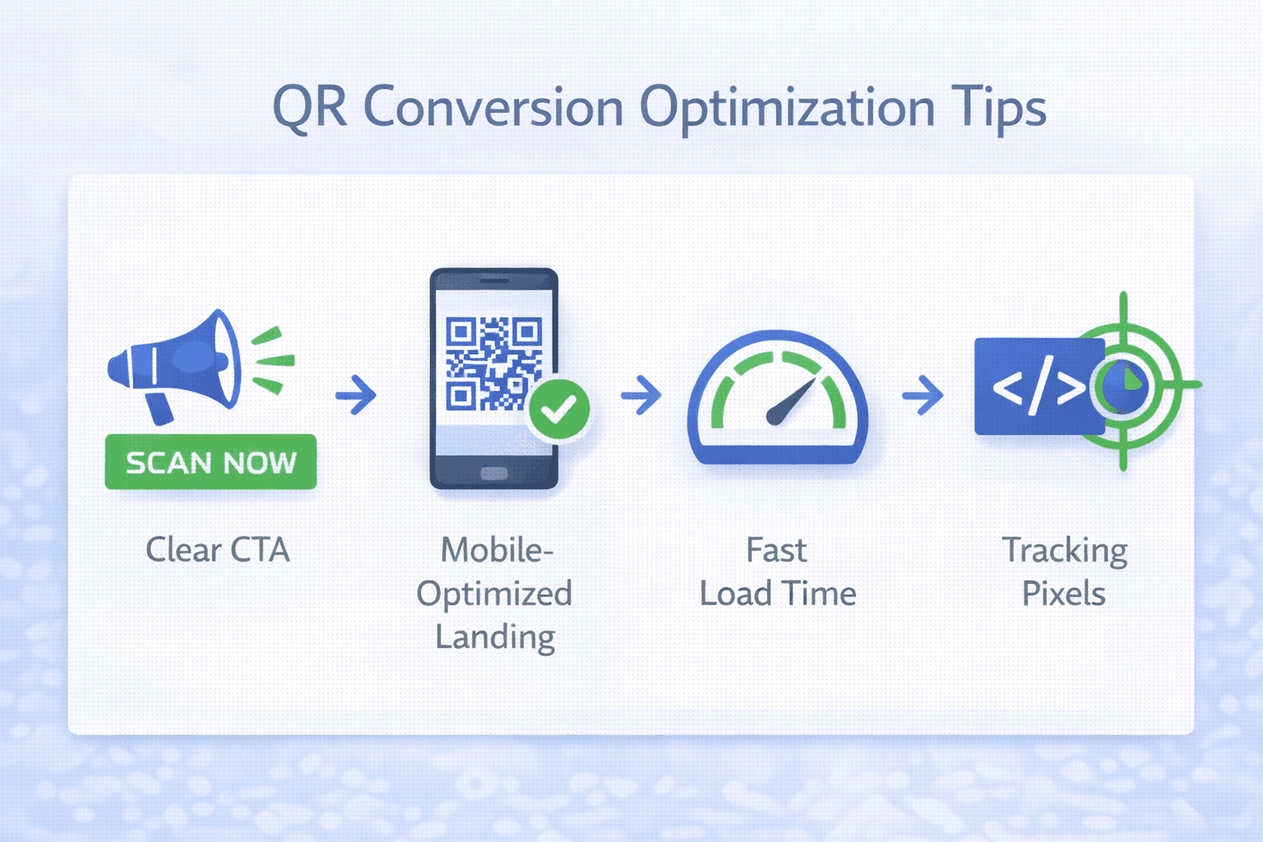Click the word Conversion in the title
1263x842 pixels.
coord(493,108)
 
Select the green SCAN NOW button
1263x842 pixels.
coord(210,462)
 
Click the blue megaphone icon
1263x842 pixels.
coord(185,362)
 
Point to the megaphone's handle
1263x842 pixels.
coord(160,408)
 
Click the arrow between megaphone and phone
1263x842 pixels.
coord(356,395)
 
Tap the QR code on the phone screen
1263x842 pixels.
coord(493,363)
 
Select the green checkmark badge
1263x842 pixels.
coord(559,408)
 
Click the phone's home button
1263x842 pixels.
coord(493,473)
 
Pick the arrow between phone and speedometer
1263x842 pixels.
coord(641,395)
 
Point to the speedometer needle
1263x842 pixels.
coord(790,402)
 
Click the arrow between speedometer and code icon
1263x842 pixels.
coord(923,395)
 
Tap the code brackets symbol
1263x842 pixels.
coord(1038,386)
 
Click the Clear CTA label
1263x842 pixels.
coord(218,550)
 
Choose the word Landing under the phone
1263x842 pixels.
coord(495,637)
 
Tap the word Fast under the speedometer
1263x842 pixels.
coord(776,550)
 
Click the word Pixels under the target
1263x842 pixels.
coord(1063,594)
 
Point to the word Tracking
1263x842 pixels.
coord(1064,550)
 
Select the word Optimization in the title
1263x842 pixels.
coord(787,108)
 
